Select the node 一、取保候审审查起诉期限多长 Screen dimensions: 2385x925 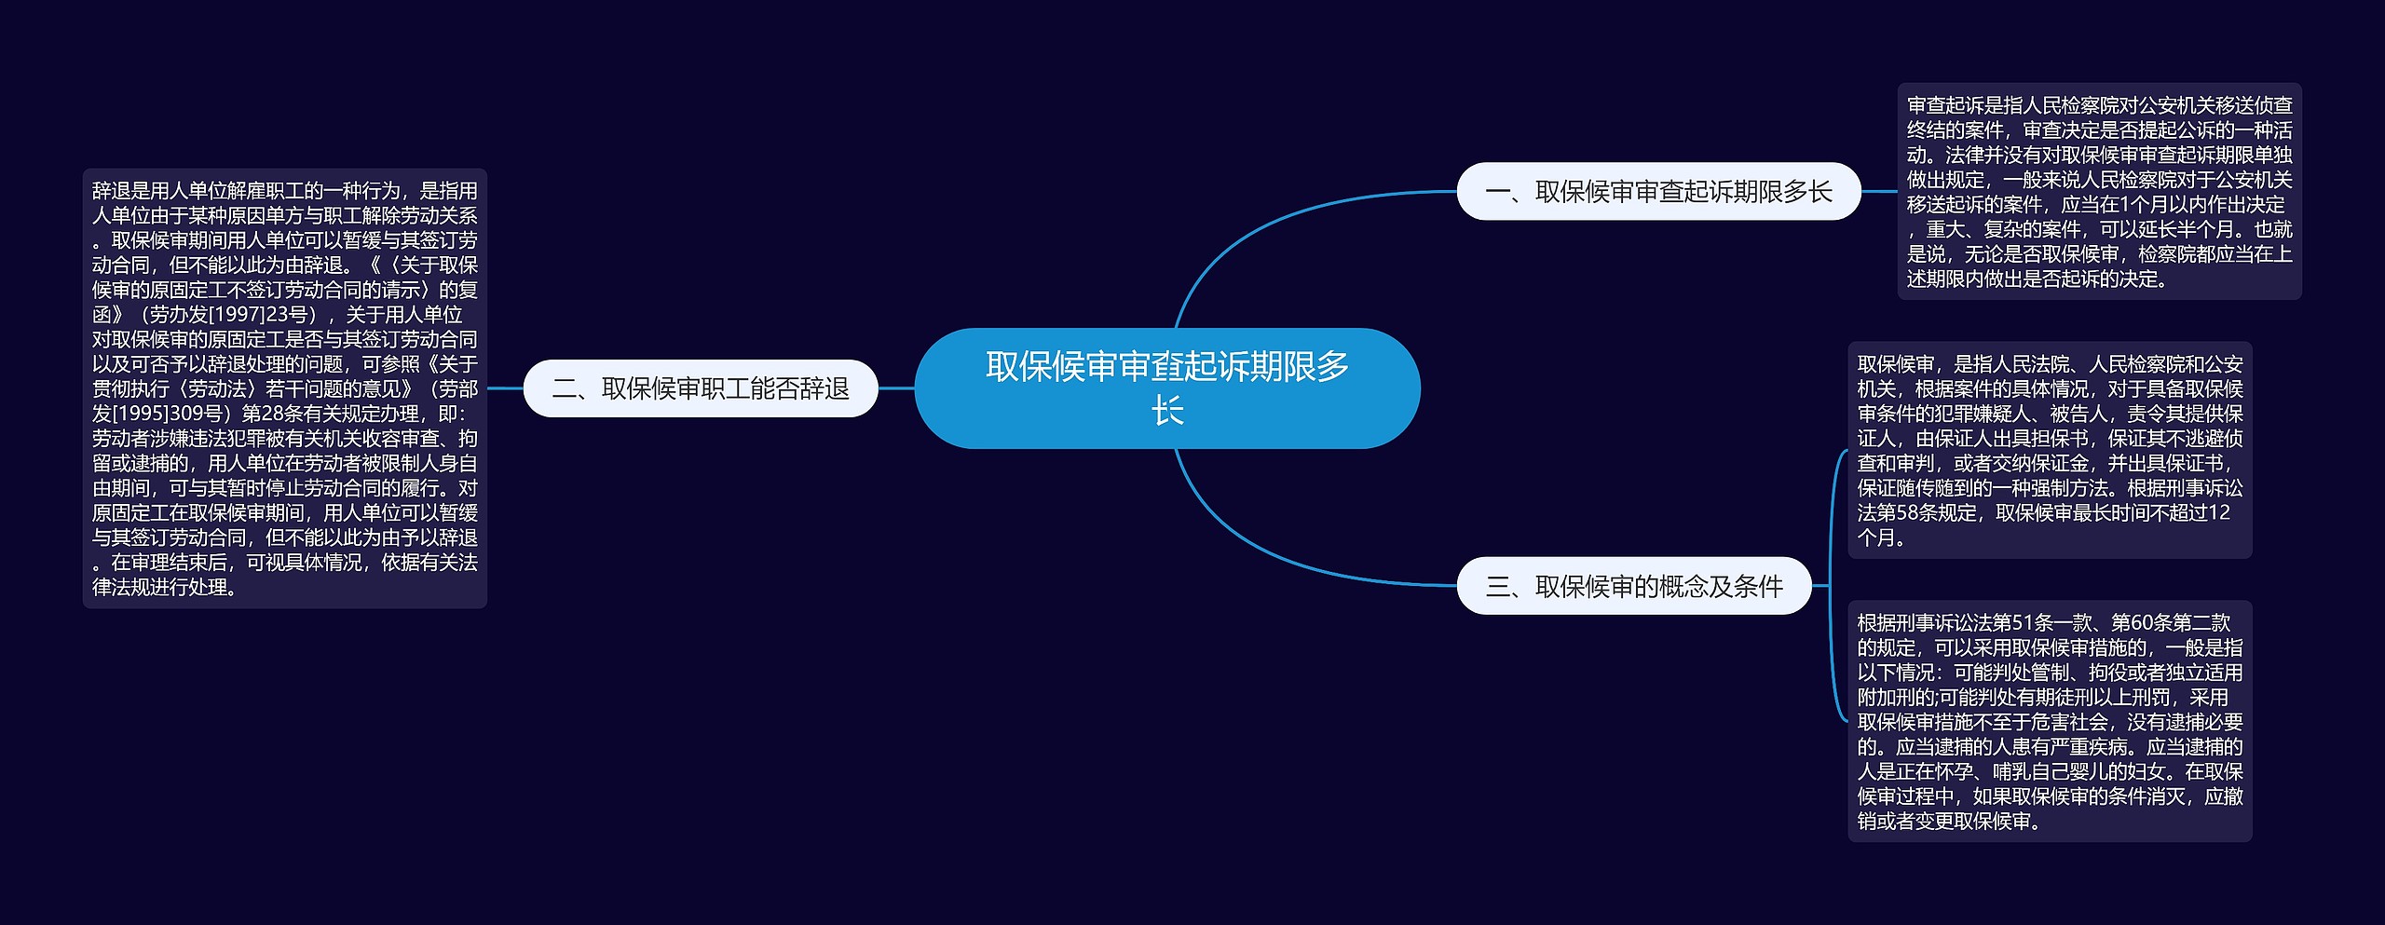[x=1658, y=192]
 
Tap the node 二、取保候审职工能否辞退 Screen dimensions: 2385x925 [x=701, y=388]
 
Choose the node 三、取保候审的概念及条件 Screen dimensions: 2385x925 [x=1633, y=586]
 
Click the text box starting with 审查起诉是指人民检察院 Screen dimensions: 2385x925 [x=2099, y=192]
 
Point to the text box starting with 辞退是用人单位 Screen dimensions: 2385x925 [x=285, y=388]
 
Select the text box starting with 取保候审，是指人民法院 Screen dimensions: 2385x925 [x=2050, y=450]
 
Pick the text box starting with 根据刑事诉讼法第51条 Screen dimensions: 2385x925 [x=2050, y=721]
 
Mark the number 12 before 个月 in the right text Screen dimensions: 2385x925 [x=2219, y=512]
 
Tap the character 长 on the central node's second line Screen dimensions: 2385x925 [x=1166, y=411]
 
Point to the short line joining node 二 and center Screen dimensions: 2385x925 [x=896, y=388]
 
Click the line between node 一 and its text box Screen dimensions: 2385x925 [x=1879, y=192]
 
